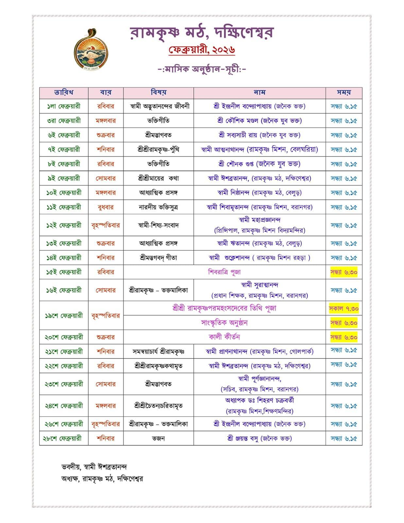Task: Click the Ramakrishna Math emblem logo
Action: tap(91, 49)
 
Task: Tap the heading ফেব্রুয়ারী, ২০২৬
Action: tap(202, 50)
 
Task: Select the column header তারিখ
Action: tap(64, 93)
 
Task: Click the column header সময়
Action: tap(344, 93)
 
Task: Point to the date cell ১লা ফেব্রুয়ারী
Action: tap(64, 106)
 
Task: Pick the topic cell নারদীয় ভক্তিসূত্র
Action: tap(158, 207)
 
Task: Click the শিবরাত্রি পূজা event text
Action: tap(224, 272)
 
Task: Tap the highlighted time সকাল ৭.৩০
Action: tap(344, 308)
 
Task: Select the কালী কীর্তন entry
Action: tap(224, 337)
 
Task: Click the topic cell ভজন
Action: tap(158, 438)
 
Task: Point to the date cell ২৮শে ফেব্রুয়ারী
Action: tap(64, 438)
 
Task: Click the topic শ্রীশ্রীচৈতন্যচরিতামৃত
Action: tap(158, 406)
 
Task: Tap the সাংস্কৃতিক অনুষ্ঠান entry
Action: tap(224, 323)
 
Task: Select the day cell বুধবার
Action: tap(106, 207)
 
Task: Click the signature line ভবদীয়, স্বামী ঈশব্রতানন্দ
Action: tap(94, 466)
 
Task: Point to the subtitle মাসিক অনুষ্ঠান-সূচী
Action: tap(202, 69)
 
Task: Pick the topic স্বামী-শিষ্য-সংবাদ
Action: tap(158, 225)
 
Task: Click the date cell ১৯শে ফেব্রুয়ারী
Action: tap(64, 316)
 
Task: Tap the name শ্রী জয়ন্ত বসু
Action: tap(259, 438)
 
